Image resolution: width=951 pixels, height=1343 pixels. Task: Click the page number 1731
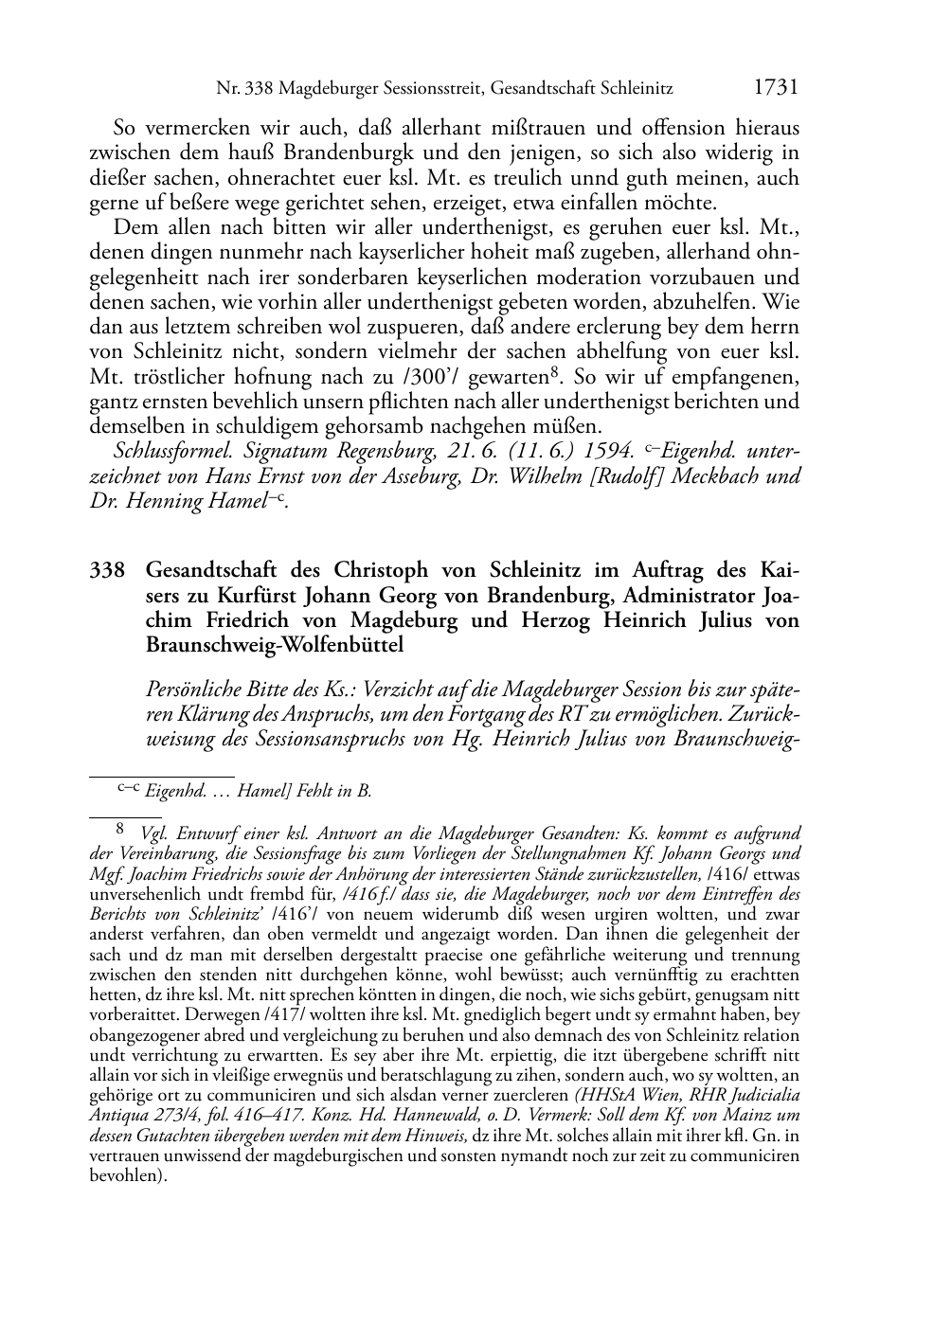click(776, 88)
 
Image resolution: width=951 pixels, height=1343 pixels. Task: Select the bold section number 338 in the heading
click(107, 571)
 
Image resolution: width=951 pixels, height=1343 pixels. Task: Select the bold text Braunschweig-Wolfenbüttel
click(275, 646)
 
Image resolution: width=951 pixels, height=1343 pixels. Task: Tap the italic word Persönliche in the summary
click(199, 689)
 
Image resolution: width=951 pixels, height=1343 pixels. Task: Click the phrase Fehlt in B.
click(332, 791)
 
